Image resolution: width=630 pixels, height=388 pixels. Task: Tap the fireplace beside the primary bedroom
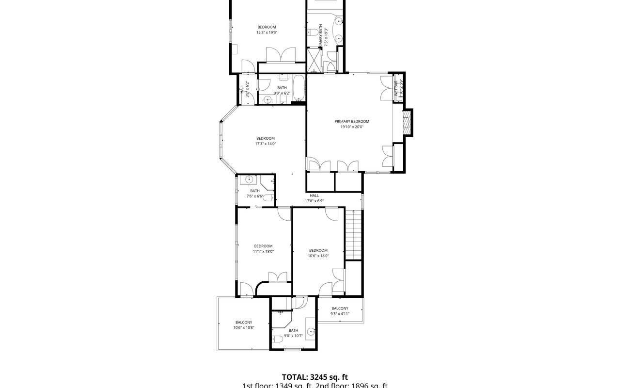407,123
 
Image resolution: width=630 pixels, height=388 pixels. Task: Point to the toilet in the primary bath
313,32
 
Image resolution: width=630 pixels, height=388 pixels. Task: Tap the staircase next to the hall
354,235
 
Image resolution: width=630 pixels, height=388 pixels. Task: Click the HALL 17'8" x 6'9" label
314,198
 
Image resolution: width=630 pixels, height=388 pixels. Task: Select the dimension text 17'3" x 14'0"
265,144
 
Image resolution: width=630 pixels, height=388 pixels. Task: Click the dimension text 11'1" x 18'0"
263,251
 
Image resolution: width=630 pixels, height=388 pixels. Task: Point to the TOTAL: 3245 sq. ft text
315,377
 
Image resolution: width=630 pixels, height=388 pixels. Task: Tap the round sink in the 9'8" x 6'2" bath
268,99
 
